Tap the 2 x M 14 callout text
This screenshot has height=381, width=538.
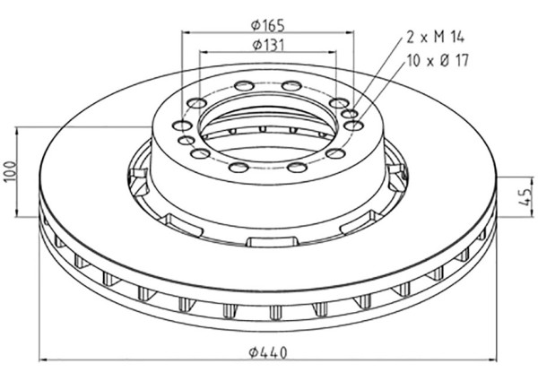pos(438,37)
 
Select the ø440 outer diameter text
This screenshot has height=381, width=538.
pos(268,353)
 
